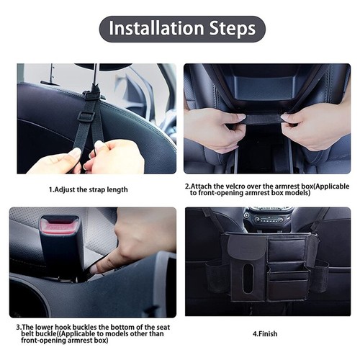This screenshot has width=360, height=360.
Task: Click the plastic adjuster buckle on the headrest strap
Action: pyautogui.click(x=86, y=115)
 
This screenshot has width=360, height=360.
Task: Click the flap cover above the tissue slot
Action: pyautogui.click(x=247, y=249)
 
